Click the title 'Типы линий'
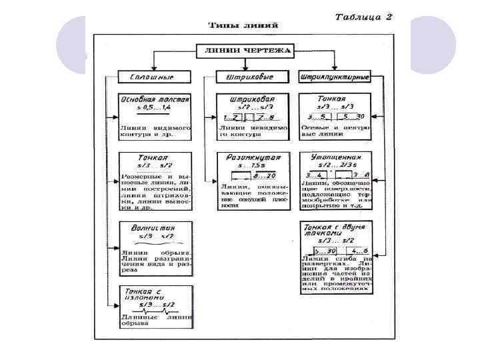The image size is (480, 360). [243, 25]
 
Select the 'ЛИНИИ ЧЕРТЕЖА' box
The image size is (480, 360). [244, 51]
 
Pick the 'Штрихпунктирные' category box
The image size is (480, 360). [335, 77]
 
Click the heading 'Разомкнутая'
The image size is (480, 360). [253, 158]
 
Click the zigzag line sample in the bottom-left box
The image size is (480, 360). [155, 311]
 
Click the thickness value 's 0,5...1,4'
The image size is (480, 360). [155, 108]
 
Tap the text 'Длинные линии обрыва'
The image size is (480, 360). [155, 321]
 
